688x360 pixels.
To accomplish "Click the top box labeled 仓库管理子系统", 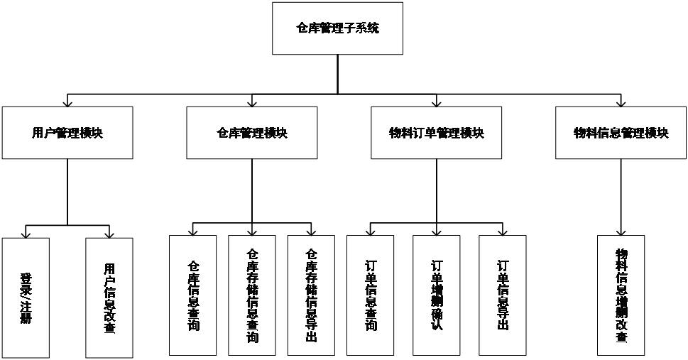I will coord(337,29).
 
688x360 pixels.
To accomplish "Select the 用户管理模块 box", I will coord(67,133).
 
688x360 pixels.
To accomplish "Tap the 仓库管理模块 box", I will coord(252,133).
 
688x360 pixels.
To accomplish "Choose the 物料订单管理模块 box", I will coord(437,133).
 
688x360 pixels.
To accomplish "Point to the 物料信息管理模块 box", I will coord(621,133).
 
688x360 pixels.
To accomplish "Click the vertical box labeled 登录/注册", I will coord(26,297).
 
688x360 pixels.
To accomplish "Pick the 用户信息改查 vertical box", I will coord(109,297).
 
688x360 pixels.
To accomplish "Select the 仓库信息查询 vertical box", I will coord(193,295).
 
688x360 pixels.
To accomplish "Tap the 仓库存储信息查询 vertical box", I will coord(252,295).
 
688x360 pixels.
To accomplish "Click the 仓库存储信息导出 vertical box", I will coord(311,295).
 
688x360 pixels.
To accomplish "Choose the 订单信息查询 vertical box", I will coord(370,295).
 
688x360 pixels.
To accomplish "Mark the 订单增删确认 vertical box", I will coord(437,295).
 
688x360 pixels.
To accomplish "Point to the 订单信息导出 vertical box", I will coord(503,295).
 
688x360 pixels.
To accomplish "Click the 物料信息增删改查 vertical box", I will coord(621,295).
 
